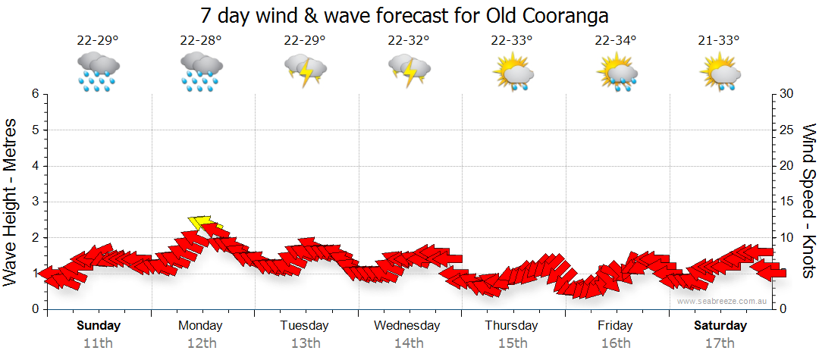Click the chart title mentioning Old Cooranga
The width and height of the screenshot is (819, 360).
(x=405, y=15)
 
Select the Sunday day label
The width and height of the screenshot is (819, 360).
(x=98, y=326)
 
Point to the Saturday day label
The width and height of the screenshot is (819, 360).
(x=720, y=326)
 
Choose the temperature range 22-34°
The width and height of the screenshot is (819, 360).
(x=615, y=41)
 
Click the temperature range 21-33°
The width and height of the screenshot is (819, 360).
(x=719, y=41)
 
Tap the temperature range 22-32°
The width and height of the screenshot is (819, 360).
(x=408, y=41)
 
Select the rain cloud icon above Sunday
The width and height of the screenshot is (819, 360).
(x=98, y=72)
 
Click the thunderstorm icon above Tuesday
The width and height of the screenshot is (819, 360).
(x=305, y=72)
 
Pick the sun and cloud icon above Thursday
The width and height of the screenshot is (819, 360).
(x=513, y=72)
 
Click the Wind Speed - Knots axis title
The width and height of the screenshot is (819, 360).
(x=807, y=200)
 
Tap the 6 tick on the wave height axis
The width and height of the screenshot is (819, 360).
(x=35, y=94)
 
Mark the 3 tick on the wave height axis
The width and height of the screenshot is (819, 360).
(x=35, y=202)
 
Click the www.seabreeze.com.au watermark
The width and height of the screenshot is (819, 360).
(x=723, y=301)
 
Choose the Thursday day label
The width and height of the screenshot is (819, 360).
(x=512, y=326)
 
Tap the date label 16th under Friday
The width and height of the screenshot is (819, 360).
(x=615, y=343)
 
